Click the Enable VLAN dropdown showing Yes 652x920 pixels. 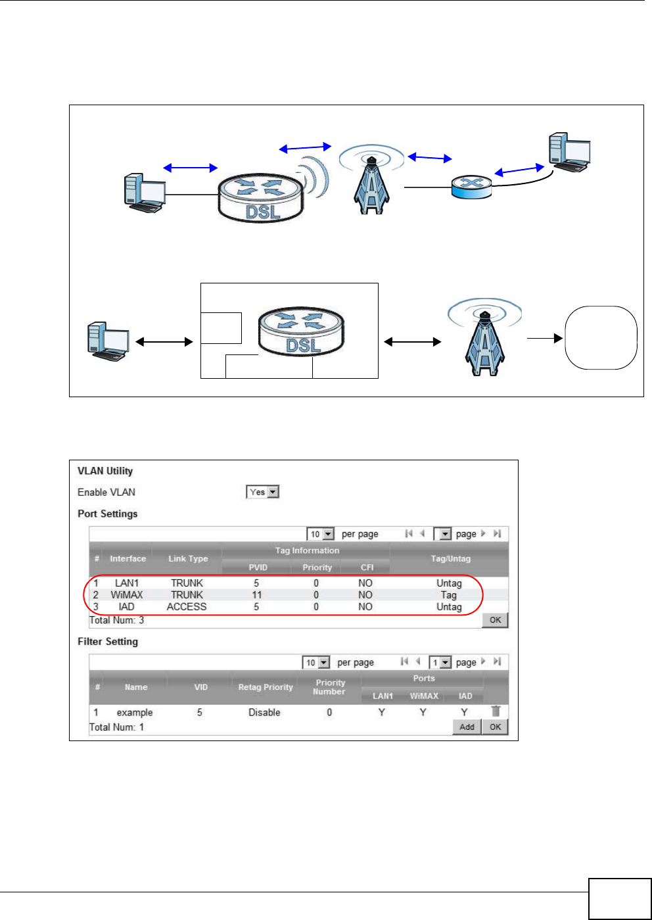263,492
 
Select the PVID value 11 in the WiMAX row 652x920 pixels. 257,594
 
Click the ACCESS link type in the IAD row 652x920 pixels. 187,606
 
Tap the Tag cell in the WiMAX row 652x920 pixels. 449,594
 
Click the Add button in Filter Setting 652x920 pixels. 467,727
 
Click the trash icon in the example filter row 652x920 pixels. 496,711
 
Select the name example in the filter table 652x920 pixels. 135,712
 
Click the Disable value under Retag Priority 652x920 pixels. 264,712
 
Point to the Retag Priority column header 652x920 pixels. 266,687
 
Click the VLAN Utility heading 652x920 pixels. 105,471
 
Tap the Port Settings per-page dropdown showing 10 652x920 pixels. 321,534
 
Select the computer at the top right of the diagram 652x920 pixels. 569,153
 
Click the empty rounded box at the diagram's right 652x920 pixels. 601,337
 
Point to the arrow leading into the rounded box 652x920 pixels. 545,339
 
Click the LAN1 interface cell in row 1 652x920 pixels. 127,583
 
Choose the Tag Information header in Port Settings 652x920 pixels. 307,550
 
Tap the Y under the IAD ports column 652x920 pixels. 465,712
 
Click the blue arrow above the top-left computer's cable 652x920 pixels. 190,168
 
